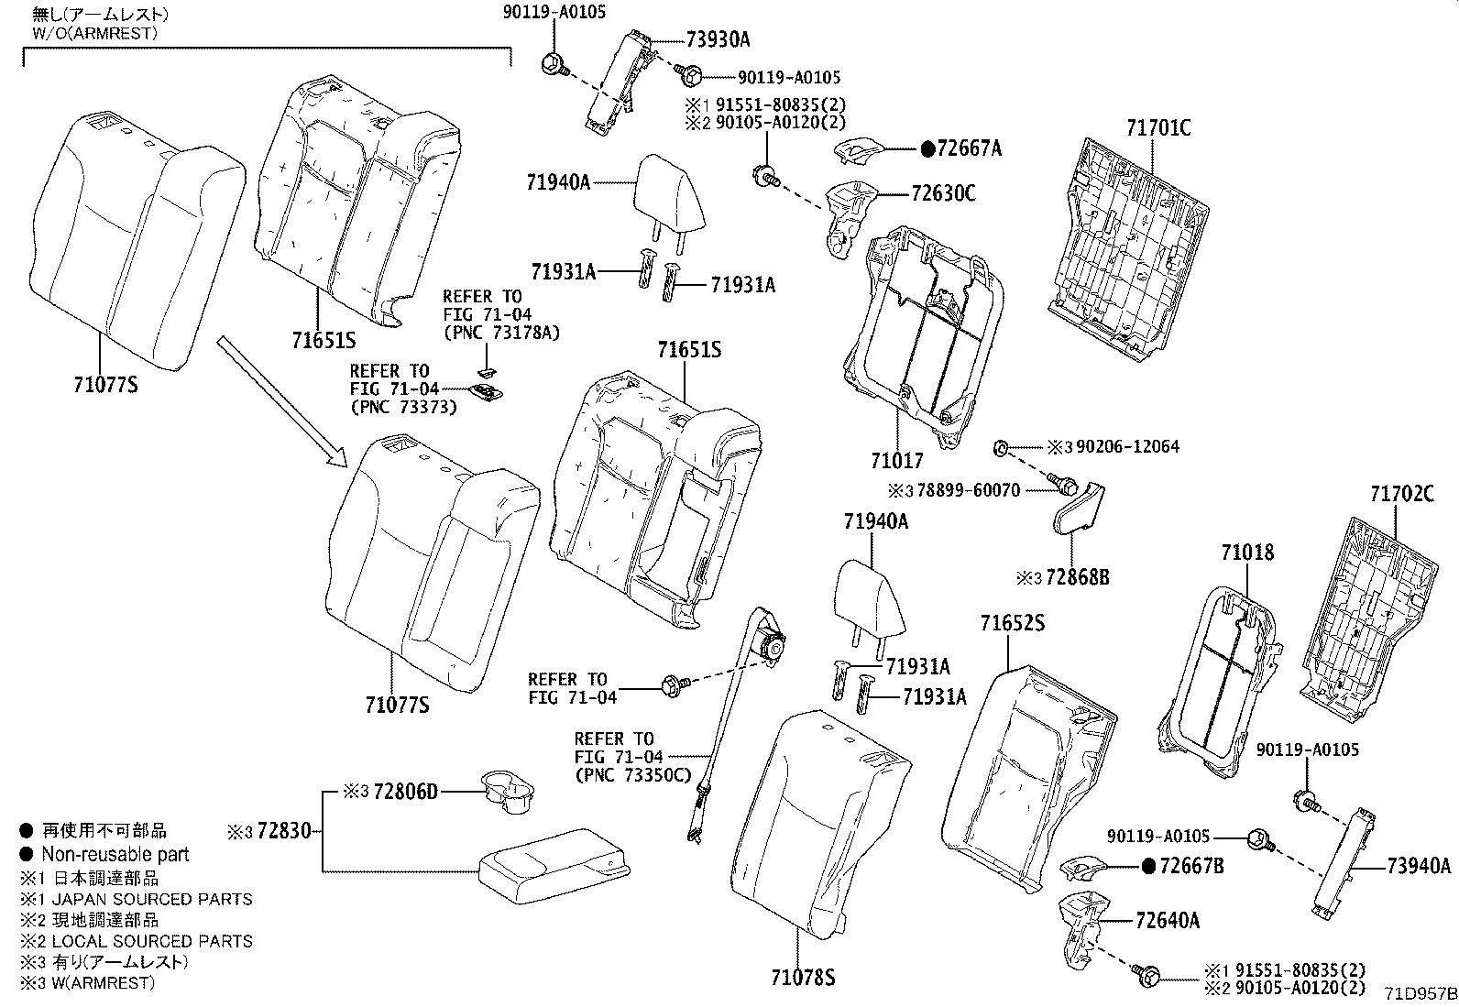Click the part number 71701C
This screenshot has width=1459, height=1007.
pos(1158,127)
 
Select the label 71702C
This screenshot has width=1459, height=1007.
pos(1401,494)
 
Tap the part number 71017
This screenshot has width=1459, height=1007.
pos(896,461)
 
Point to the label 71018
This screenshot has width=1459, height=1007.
pos(1247,553)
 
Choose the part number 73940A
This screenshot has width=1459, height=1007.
pos(1419,866)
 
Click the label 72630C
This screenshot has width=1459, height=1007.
pos(943,193)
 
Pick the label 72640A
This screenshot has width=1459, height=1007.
pos(1167,920)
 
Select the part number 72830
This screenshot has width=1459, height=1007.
pos(283,831)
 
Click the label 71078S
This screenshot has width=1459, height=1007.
pos(803,978)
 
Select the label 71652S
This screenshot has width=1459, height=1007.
pos(1012,623)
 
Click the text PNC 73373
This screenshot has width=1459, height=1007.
pos(403,407)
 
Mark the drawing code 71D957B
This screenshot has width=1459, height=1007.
pos(1420,993)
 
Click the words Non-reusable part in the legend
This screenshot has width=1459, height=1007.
pos(115,854)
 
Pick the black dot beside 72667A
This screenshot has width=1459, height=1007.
pos(927,148)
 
